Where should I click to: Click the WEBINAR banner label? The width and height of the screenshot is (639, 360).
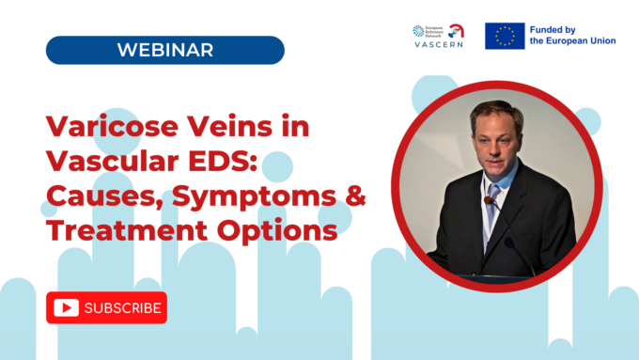164,50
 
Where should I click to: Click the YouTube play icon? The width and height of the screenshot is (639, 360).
66,307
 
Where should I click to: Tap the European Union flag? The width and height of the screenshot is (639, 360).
505,36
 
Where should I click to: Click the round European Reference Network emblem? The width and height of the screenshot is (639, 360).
419,30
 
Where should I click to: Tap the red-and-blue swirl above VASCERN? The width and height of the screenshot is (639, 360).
458,29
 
